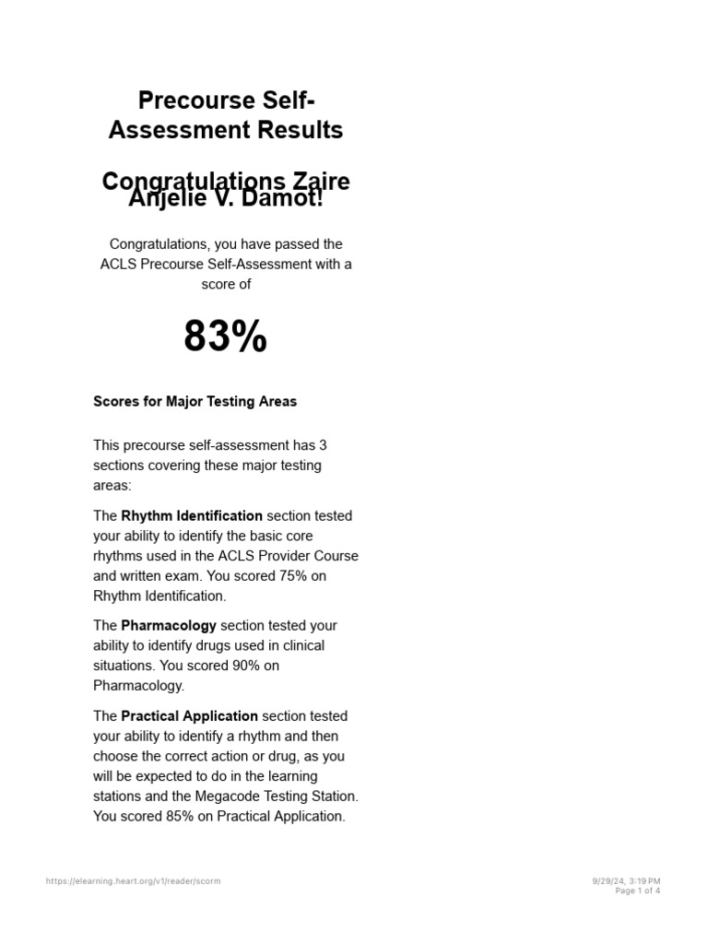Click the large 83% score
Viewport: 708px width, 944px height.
225,337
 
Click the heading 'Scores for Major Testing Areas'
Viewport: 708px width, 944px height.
195,402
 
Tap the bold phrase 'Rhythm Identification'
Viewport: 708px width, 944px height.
192,516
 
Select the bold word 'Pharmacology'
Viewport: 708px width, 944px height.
169,626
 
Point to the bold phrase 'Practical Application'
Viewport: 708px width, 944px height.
189,716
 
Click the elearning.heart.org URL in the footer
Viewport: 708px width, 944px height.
133,881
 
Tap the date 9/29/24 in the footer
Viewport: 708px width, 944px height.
608,881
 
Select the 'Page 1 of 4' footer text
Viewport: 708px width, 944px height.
637,891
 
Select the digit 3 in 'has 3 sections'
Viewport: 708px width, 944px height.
323,445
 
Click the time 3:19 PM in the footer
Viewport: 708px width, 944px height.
644,881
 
